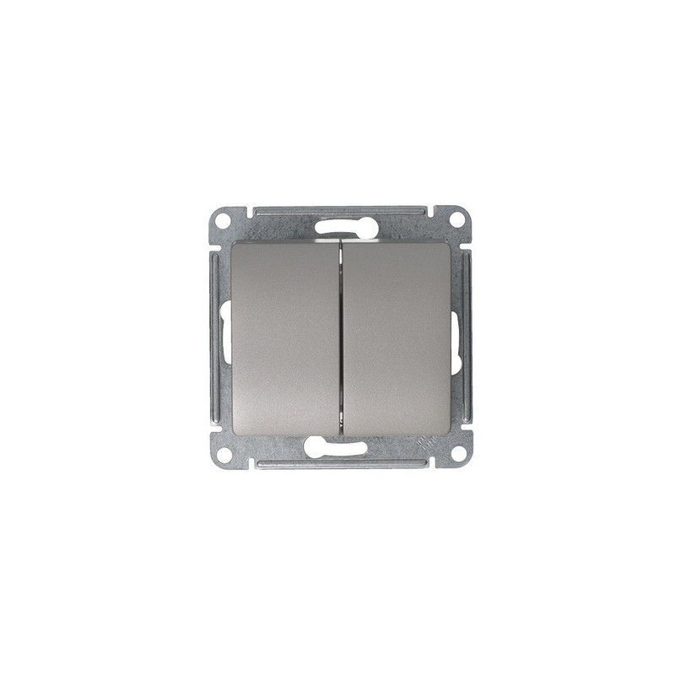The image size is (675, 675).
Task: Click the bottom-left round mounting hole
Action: [224, 455]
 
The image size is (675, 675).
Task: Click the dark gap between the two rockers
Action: [341, 337]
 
